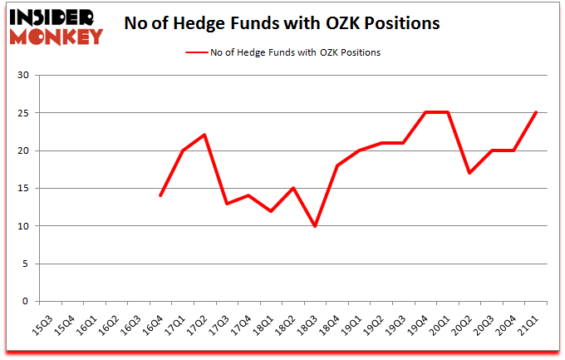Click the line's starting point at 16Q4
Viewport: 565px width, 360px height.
pyautogui.click(x=160, y=195)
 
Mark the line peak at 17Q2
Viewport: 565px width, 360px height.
pyautogui.click(x=204, y=135)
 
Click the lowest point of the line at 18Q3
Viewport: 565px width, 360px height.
pyautogui.click(x=314, y=225)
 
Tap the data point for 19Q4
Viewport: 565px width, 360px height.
pyautogui.click(x=425, y=112)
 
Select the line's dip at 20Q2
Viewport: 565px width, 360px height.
pyautogui.click(x=469, y=173)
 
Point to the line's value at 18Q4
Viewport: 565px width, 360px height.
pyautogui.click(x=337, y=165)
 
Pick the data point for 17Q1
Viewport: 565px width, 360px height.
pyautogui.click(x=183, y=150)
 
